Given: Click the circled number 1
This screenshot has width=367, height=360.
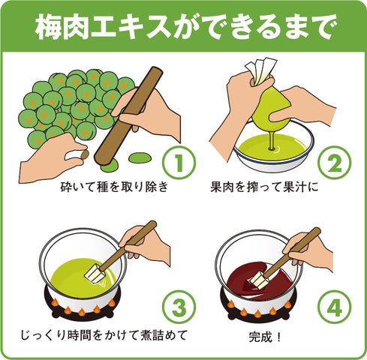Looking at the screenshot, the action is click(179, 163).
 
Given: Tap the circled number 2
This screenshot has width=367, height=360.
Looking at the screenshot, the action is click(335, 163).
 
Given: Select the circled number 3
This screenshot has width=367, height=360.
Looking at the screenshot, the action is click(179, 307).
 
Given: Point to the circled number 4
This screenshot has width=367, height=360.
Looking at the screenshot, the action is click(335, 307).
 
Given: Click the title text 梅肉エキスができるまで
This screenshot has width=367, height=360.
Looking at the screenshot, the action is click(184, 27).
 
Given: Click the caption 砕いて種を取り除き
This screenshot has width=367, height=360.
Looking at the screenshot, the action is click(114, 187).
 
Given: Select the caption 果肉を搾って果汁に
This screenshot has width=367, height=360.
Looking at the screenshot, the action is click(264, 187).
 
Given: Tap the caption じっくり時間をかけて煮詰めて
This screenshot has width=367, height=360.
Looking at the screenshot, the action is click(104, 335).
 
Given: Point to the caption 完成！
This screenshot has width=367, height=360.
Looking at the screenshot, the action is click(265, 337).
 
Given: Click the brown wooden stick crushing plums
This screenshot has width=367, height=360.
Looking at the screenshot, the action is click(128, 115).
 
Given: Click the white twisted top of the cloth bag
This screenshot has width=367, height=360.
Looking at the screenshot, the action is click(260, 70).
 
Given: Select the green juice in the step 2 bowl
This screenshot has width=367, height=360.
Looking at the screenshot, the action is click(272, 148).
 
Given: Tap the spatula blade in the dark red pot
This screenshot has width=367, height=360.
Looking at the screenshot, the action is click(257, 280).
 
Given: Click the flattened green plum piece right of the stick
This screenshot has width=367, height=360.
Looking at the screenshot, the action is click(140, 157).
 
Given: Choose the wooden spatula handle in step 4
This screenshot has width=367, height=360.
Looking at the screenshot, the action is click(291, 253).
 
